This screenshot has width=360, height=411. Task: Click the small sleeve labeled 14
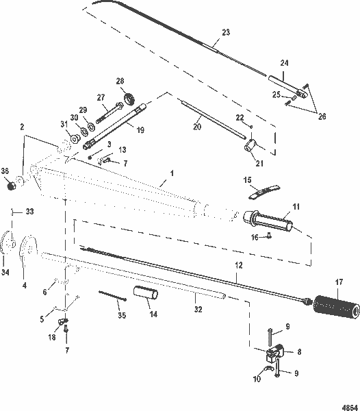click(145, 295)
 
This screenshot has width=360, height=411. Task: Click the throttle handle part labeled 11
click(274, 221)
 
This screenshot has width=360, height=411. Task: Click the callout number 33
click(28, 211)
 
